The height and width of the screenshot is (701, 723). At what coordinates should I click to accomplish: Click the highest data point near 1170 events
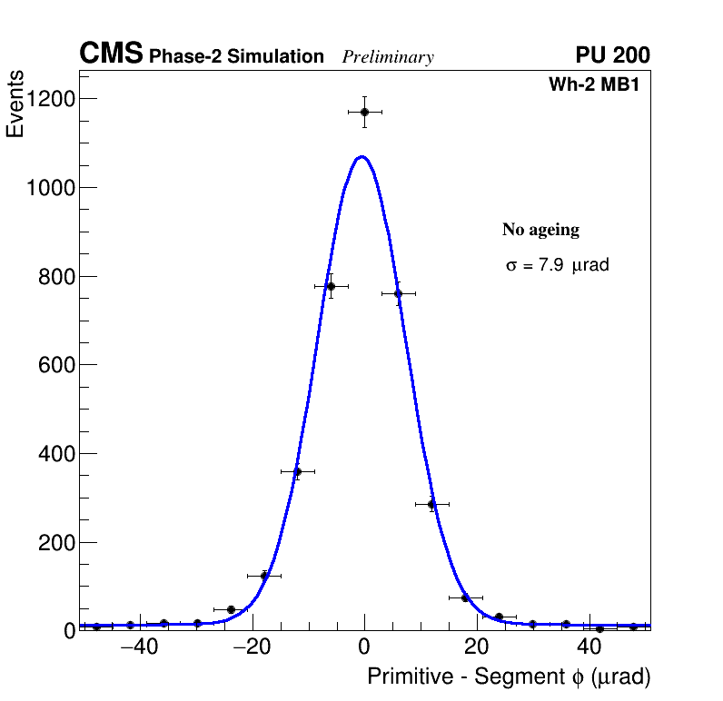point(364,112)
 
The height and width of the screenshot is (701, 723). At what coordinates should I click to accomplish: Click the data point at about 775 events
point(331,286)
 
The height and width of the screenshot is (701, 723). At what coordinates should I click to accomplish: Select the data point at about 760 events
point(398,293)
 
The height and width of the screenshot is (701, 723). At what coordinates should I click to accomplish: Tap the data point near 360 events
point(297,471)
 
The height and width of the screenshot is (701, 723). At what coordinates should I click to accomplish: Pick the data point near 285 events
point(431,504)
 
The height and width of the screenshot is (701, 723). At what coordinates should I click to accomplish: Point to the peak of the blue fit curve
point(362,156)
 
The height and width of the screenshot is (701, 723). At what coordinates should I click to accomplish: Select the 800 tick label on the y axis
point(56,277)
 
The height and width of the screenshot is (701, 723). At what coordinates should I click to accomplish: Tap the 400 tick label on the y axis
point(56,454)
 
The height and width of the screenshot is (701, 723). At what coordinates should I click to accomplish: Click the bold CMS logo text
point(111,54)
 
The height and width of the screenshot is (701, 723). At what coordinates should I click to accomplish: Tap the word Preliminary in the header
point(388,57)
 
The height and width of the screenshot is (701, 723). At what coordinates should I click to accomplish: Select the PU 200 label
point(612,55)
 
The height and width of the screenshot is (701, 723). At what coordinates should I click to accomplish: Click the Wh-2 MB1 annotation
point(599,84)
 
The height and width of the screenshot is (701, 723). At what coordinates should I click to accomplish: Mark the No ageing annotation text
point(540,230)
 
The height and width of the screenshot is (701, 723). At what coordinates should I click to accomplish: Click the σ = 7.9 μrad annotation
point(557,266)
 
